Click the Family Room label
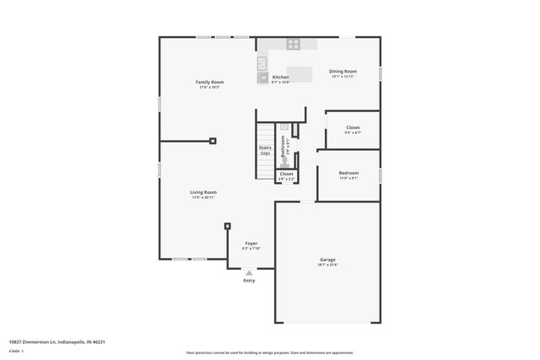211,82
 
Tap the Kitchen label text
280,77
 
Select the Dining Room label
343,72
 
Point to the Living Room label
203,192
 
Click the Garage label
327,259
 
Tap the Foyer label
251,243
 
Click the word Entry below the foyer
249,281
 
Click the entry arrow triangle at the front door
249,273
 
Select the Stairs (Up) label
265,150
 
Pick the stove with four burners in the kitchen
293,45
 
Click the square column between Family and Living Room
213,141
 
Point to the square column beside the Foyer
227,225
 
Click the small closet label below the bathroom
287,174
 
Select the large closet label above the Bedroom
353,127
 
